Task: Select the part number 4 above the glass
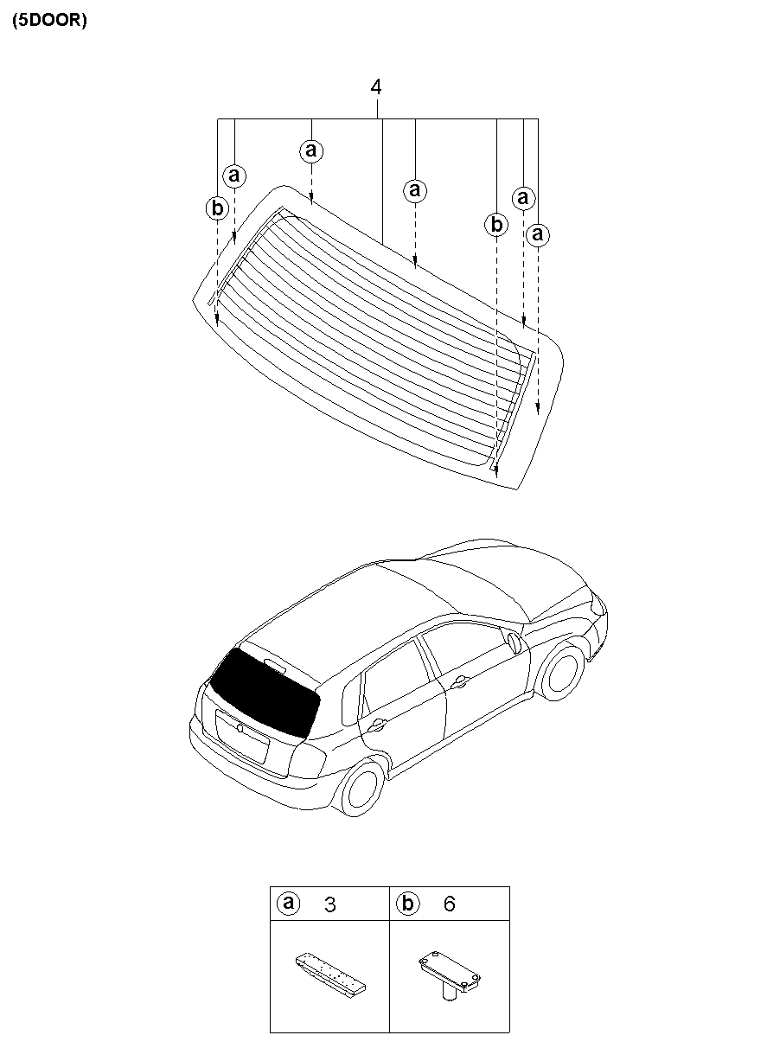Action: click(x=375, y=87)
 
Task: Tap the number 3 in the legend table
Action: click(x=330, y=905)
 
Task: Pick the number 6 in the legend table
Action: click(x=449, y=904)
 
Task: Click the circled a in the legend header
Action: click(x=288, y=904)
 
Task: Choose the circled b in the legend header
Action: click(x=407, y=904)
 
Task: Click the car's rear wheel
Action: click(x=361, y=788)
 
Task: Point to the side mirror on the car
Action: click(x=515, y=642)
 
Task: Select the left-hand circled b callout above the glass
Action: click(x=217, y=208)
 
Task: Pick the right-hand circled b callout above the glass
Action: click(x=495, y=225)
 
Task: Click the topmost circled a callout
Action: click(x=311, y=151)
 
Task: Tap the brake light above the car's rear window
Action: click(x=276, y=666)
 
